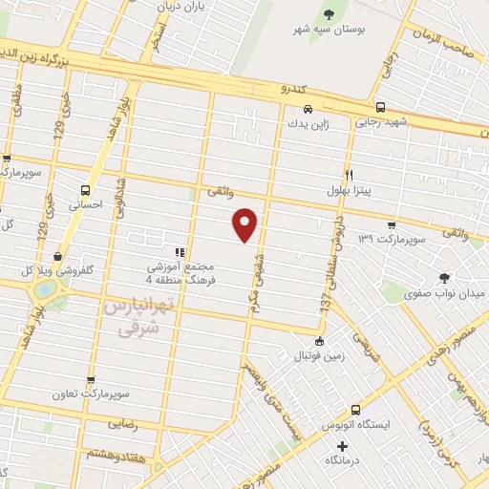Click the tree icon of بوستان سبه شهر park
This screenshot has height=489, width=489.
(330, 13)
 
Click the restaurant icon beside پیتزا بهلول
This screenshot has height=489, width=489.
(349, 175)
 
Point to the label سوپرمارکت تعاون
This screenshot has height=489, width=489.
(91, 393)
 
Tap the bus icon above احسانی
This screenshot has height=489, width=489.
(86, 189)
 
